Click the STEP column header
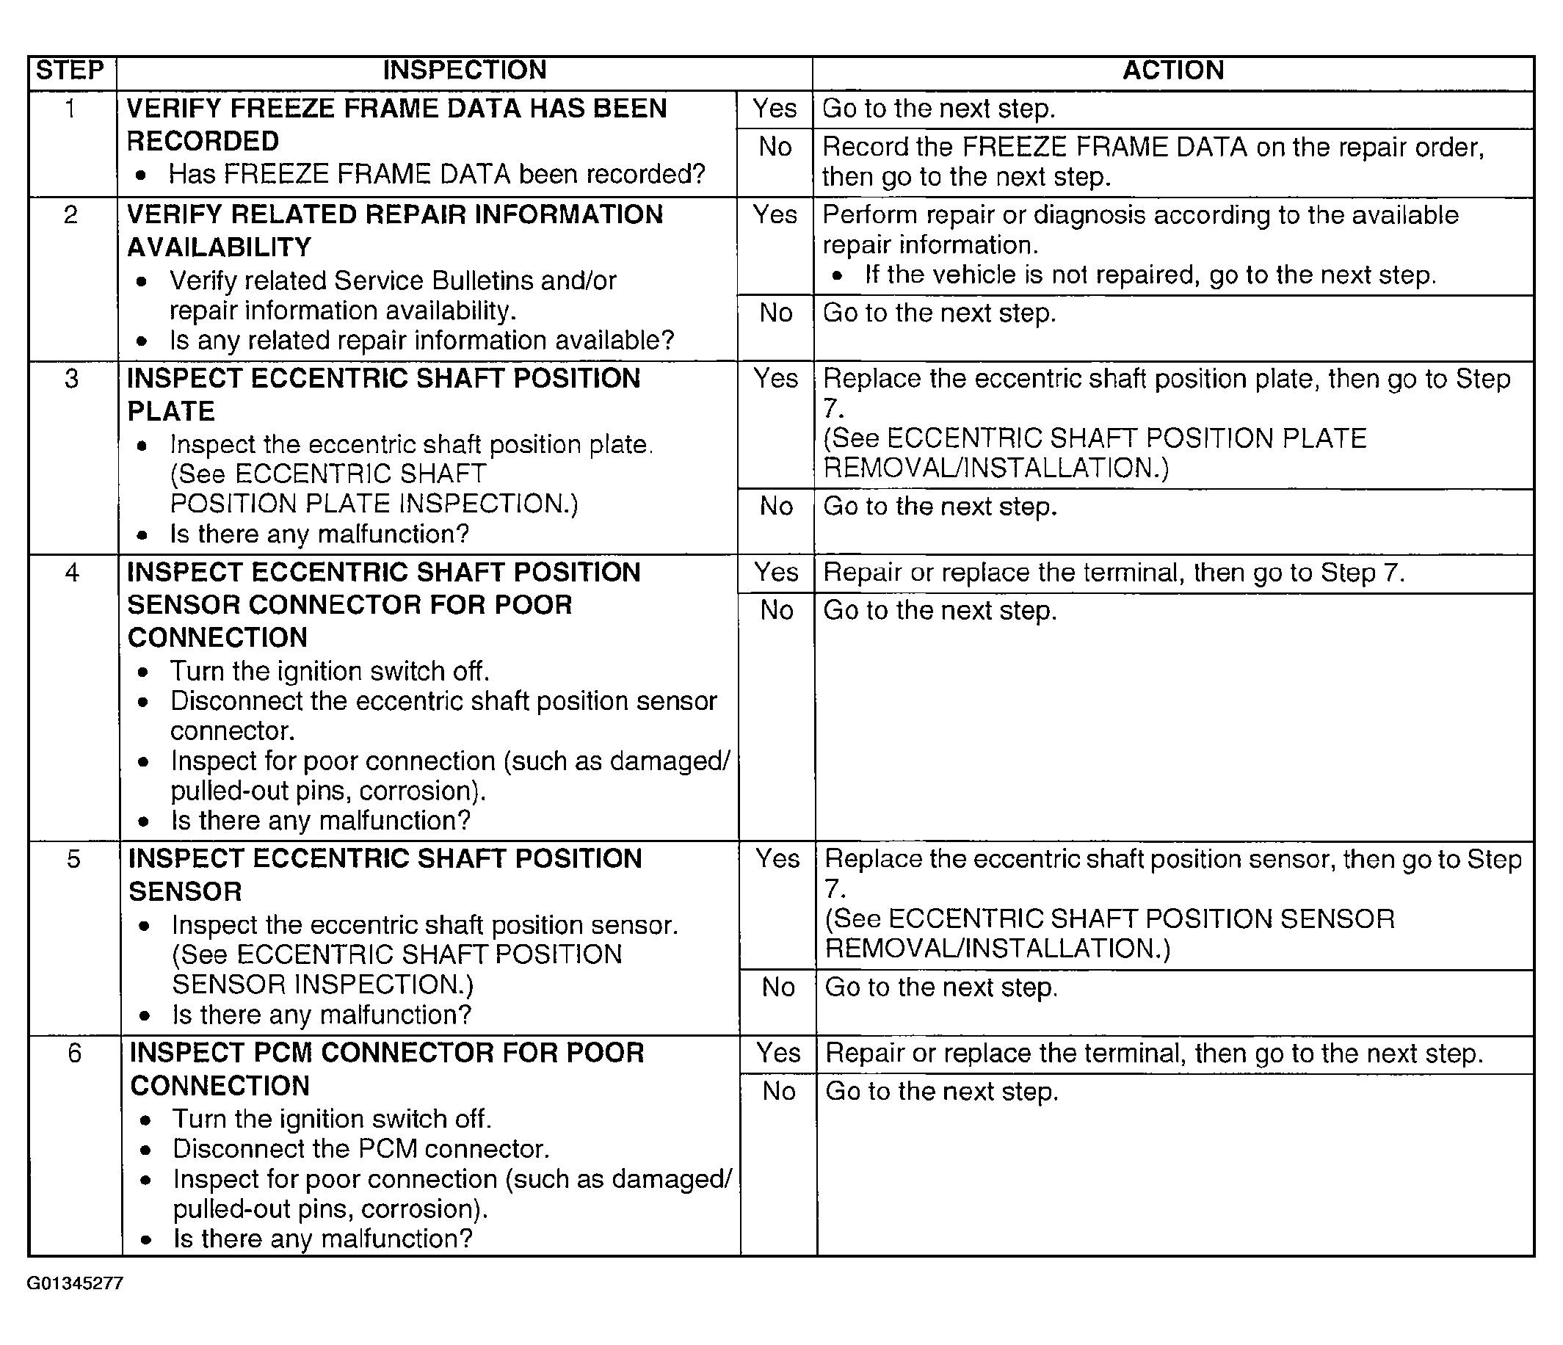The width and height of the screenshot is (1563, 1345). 70,70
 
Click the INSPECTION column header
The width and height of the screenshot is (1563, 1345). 464,70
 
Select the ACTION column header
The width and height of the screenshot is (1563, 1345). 1173,70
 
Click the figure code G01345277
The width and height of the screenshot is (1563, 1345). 75,1283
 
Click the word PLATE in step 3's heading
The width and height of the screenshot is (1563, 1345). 171,411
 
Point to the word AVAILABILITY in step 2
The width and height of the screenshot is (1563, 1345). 219,247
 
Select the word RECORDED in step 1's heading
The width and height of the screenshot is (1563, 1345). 202,141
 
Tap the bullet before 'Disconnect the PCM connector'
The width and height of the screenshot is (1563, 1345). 145,1150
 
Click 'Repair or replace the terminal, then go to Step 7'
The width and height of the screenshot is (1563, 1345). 1114,573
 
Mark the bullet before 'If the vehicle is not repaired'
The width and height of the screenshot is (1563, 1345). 837,276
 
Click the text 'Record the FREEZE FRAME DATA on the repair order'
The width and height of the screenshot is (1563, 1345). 1153,147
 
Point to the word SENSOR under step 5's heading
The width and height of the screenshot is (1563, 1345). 185,891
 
